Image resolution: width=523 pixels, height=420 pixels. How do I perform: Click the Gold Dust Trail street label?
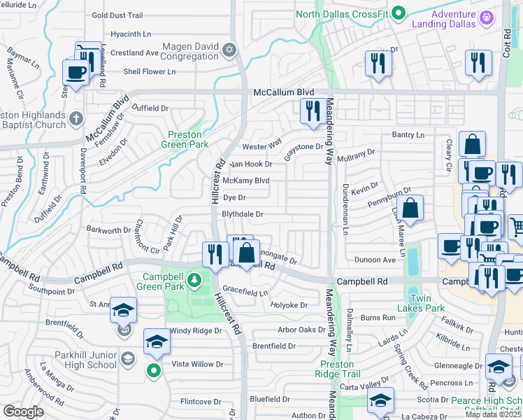click(117, 15)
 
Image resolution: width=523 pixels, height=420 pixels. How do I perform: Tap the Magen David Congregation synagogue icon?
click(229, 50)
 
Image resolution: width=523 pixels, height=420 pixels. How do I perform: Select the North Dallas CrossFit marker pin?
click(398, 12)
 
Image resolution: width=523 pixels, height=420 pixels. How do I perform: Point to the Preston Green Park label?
click(185, 139)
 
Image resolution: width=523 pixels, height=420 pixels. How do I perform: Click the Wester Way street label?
click(262, 147)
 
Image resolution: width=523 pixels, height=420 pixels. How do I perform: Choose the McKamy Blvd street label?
click(246, 181)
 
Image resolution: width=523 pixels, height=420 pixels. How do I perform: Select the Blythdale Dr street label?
click(242, 214)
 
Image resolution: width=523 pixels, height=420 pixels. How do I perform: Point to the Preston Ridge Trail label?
click(341, 368)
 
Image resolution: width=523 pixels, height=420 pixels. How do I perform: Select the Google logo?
click(23, 412)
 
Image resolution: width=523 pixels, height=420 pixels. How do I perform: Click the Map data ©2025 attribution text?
click(492, 414)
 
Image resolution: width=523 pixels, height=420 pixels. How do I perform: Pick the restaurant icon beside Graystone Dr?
click(310, 110)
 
